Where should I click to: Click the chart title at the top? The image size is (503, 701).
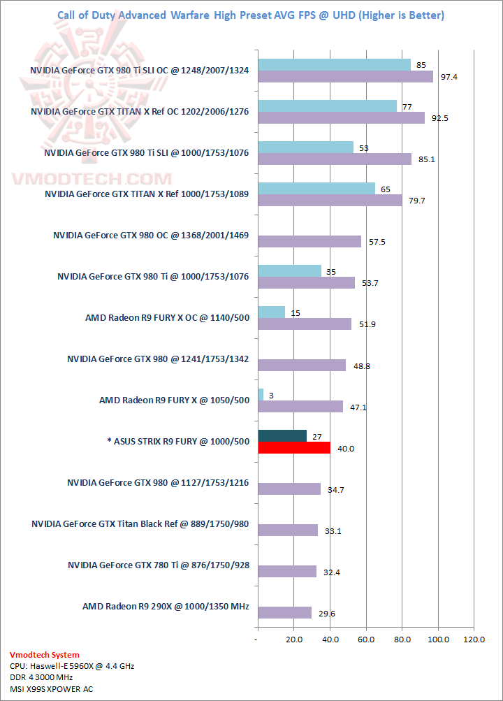click(x=250, y=15)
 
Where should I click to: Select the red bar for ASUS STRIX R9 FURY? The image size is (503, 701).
click(x=293, y=447)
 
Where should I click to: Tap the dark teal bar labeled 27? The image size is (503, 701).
click(x=282, y=436)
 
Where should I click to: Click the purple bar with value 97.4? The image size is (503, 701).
click(x=345, y=77)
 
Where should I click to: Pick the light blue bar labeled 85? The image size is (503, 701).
click(x=334, y=65)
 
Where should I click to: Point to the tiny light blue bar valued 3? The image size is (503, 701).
click(x=261, y=395)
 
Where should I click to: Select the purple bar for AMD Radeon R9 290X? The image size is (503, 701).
click(x=284, y=612)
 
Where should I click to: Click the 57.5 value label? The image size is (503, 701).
click(x=377, y=242)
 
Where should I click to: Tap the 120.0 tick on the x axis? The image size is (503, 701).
click(x=474, y=639)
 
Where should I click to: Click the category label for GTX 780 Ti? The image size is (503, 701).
click(x=159, y=565)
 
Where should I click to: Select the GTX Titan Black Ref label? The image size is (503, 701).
click(x=140, y=524)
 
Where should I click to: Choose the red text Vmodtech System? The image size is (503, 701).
click(x=44, y=655)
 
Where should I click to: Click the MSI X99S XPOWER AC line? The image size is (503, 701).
click(x=51, y=688)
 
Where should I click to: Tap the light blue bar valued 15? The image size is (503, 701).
click(x=271, y=312)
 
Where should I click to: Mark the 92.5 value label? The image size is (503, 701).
click(x=439, y=118)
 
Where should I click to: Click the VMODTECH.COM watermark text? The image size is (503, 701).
click(x=91, y=179)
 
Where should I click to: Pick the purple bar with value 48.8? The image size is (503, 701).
click(x=302, y=365)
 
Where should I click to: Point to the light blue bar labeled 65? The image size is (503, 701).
click(x=316, y=189)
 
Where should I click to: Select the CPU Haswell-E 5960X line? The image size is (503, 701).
click(x=72, y=666)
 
